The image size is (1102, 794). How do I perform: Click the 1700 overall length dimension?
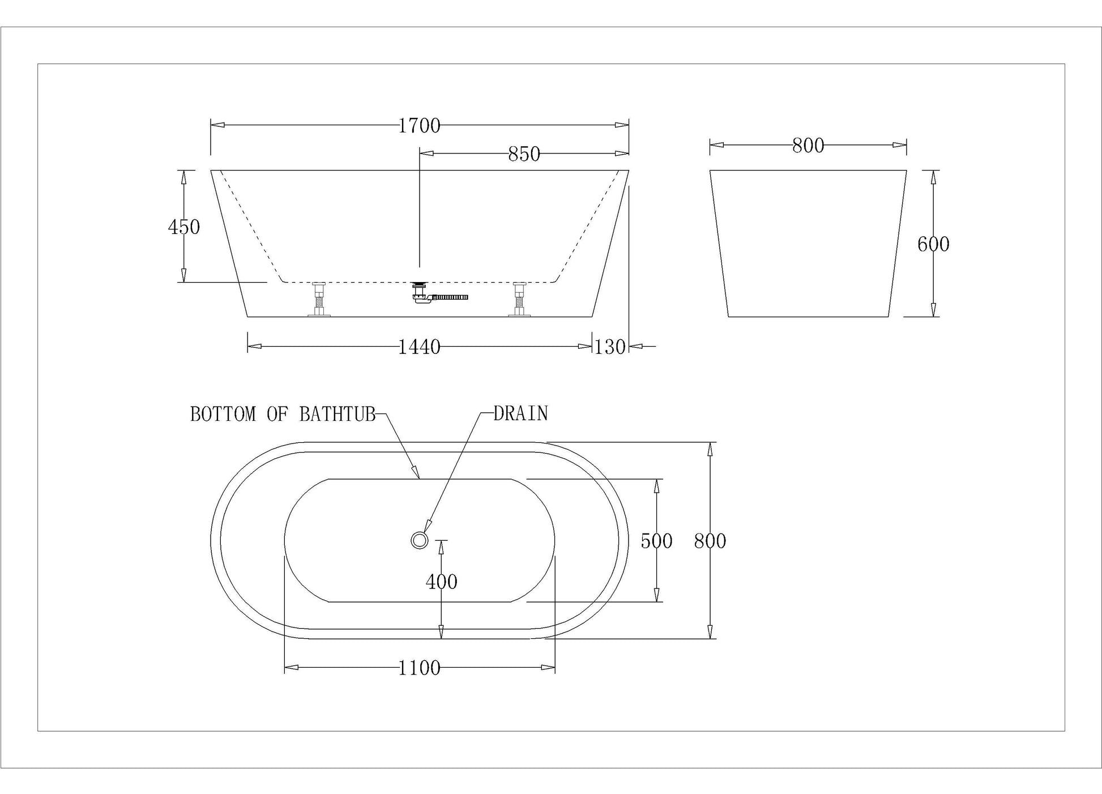click(x=419, y=126)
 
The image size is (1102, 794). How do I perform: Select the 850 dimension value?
click(x=524, y=154)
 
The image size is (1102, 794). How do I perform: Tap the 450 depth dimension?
click(x=184, y=227)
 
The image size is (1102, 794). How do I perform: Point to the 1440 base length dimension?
click(x=419, y=347)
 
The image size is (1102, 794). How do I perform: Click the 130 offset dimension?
click(x=610, y=347)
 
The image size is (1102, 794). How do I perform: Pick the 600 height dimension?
click(x=933, y=244)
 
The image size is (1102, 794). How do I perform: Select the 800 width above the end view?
click(x=808, y=146)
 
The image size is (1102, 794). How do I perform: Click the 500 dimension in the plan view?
click(x=656, y=541)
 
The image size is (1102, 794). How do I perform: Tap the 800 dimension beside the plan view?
click(x=710, y=541)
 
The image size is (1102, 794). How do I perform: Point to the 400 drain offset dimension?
click(x=441, y=582)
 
